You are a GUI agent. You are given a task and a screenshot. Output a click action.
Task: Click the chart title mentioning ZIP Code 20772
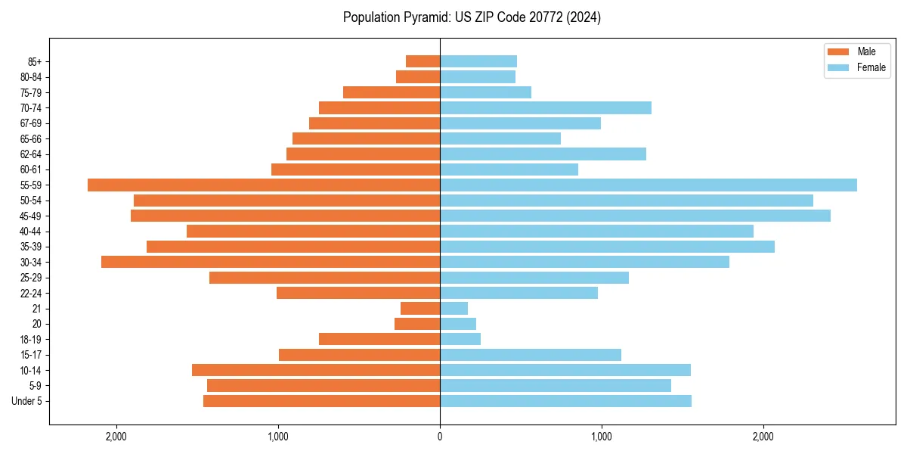pos(472,17)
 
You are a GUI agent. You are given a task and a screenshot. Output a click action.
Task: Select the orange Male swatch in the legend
pos(838,51)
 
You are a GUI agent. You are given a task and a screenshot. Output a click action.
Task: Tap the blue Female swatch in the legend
pos(838,67)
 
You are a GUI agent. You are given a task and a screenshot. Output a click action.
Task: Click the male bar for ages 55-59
pos(264,185)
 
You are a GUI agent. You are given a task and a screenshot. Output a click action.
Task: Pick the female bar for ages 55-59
pos(649,185)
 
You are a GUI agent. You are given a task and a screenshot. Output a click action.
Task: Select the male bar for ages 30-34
pos(271,262)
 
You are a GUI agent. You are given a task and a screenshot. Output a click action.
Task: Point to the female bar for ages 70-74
pos(546,107)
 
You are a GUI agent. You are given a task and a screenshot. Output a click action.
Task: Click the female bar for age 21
pos(453,308)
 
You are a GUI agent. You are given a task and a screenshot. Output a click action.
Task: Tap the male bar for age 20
pos(417,324)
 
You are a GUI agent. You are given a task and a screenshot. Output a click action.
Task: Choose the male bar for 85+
pos(423,61)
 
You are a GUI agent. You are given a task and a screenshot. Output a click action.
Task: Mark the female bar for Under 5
pos(565,401)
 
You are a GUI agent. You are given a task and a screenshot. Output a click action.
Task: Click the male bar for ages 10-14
pos(316,370)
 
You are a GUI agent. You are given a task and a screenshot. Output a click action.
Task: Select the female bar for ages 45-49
pos(635,216)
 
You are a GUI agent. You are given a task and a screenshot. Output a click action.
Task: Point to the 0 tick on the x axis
pos(440,436)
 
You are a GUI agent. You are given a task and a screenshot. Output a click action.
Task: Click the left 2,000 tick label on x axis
pos(116,436)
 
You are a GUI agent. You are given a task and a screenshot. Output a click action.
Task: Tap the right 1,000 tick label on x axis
pos(602,436)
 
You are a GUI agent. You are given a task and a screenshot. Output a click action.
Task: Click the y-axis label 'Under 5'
pos(26,401)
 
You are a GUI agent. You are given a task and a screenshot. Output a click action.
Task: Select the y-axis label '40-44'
pos(31,232)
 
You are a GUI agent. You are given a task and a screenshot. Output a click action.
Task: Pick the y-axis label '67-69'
pos(31,123)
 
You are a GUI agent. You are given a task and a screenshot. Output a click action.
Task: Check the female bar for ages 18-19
pos(460,339)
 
